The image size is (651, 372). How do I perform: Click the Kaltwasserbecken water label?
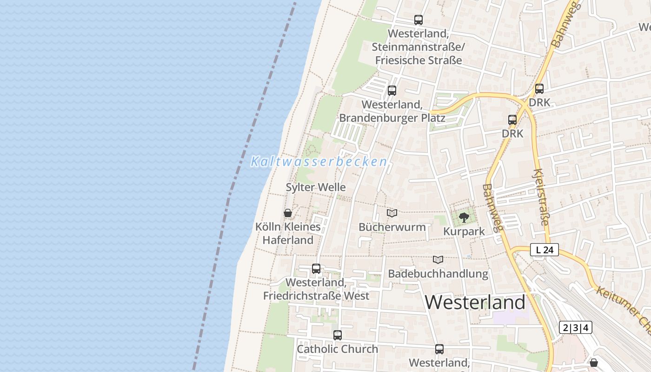click(x=319, y=162)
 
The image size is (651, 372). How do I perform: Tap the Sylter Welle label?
click(x=316, y=187)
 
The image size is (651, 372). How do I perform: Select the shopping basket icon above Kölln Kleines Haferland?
click(x=288, y=213)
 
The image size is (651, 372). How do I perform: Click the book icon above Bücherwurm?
click(x=392, y=213)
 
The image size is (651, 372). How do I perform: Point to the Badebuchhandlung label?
click(x=438, y=273)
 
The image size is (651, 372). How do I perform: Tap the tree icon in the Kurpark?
click(x=464, y=217)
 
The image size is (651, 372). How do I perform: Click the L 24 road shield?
click(x=545, y=250)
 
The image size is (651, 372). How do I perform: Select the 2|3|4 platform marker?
click(x=576, y=327)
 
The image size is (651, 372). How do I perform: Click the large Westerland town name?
click(x=475, y=302)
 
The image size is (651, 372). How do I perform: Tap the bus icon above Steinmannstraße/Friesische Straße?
click(x=418, y=20)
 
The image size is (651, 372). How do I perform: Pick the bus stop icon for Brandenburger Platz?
click(x=392, y=90)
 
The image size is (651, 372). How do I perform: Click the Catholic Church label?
click(x=338, y=349)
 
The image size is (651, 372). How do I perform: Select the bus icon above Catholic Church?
click(x=338, y=335)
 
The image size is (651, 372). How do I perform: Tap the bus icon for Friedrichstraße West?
click(x=316, y=268)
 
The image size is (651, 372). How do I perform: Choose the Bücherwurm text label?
click(x=392, y=227)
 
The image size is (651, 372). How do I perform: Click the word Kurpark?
click(x=464, y=231)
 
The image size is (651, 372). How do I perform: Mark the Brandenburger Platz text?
click(x=392, y=118)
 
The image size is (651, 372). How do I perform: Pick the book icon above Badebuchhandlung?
click(x=438, y=259)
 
